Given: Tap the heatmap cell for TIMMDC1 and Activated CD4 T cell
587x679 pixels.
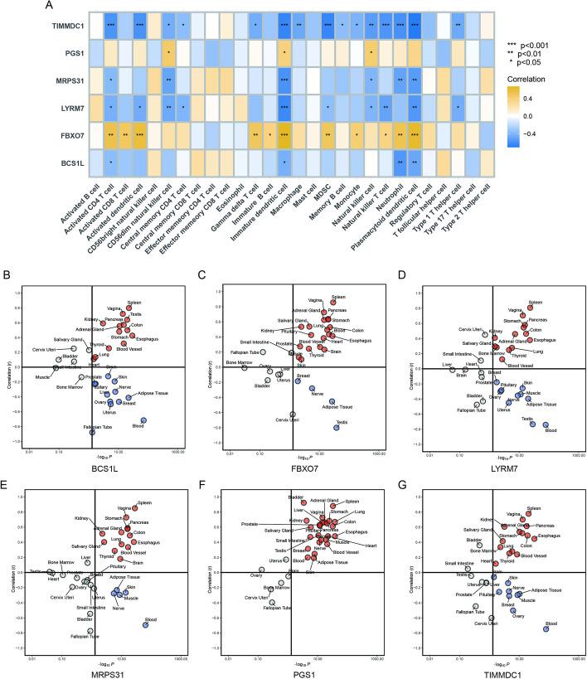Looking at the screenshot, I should point(109,27).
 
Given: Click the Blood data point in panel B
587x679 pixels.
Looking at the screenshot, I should point(143,421).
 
